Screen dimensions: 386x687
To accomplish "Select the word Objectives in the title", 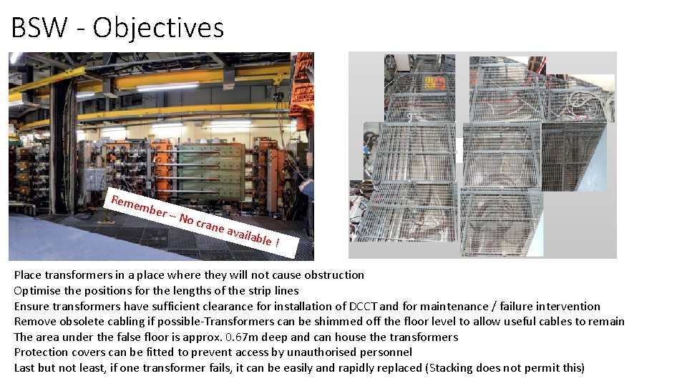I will [x=158, y=28].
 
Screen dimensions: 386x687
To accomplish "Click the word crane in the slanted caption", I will [x=210, y=225].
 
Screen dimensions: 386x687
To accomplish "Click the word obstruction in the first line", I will [x=333, y=275].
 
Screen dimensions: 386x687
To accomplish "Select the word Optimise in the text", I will [x=36, y=291].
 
